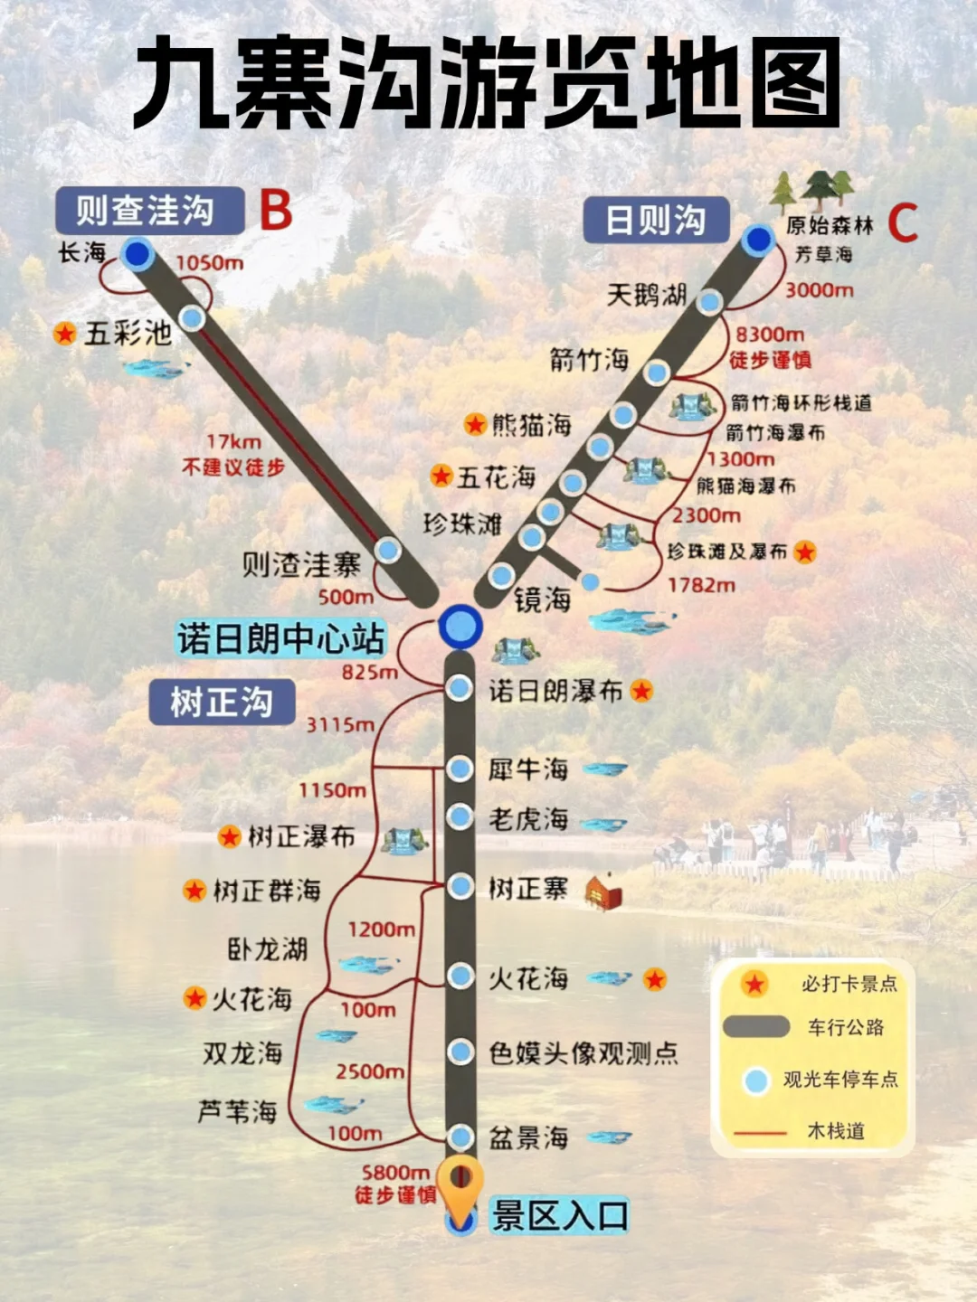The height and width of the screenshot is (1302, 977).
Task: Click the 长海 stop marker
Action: click(x=138, y=254)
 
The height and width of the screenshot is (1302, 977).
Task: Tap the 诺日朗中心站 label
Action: click(x=280, y=638)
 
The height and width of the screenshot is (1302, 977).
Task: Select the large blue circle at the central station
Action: click(x=460, y=626)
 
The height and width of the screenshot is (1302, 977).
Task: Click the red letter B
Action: click(x=276, y=210)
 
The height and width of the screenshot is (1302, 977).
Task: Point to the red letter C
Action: click(x=902, y=223)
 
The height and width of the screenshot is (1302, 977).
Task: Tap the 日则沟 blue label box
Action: click(x=655, y=220)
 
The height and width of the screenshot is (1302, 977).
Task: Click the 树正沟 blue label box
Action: click(x=222, y=702)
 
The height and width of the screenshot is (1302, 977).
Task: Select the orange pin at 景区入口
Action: click(x=460, y=1184)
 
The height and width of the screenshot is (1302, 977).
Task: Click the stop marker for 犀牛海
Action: click(x=460, y=769)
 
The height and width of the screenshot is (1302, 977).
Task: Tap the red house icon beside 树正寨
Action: click(x=603, y=892)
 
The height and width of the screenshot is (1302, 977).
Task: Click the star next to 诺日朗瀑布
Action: click(x=641, y=692)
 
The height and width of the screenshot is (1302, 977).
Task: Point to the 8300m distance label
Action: click(x=769, y=335)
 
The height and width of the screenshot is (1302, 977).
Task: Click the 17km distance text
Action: click(x=233, y=442)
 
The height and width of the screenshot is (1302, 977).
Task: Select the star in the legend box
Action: click(x=754, y=984)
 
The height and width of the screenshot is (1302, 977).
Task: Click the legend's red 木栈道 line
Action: click(x=760, y=1132)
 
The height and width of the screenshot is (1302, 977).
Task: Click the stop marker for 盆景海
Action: click(x=461, y=1137)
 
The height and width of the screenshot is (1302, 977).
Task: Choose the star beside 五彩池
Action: click(x=64, y=334)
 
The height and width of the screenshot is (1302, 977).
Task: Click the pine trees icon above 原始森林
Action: click(x=811, y=190)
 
